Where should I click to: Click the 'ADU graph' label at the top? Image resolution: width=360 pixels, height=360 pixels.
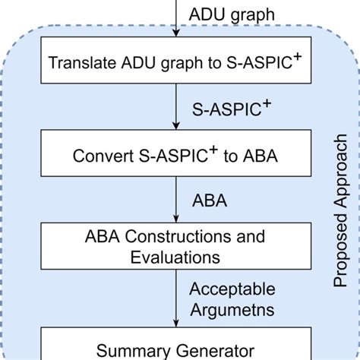point(222,15)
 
